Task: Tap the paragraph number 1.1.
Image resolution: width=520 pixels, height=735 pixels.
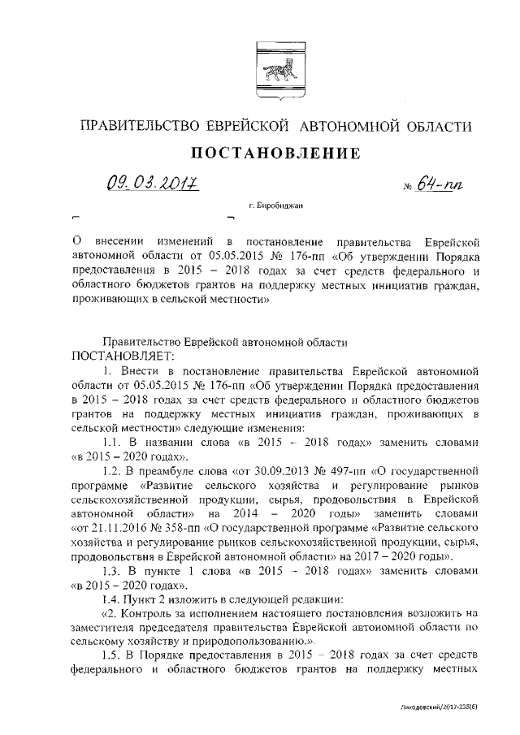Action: tap(117, 443)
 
